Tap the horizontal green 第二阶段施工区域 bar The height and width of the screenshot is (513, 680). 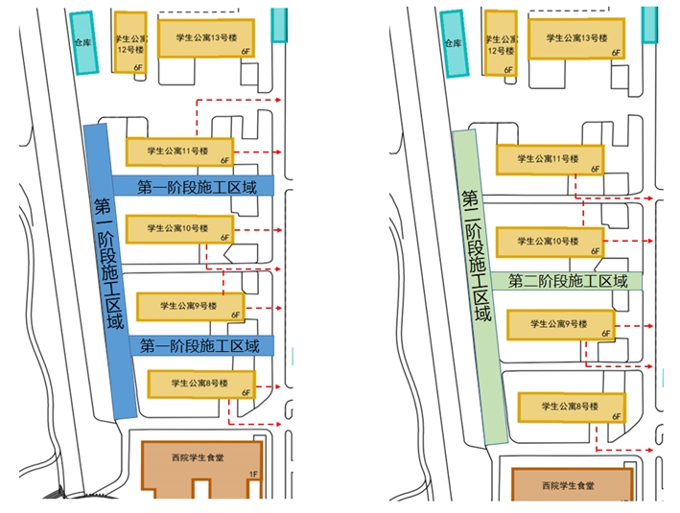point(567,282)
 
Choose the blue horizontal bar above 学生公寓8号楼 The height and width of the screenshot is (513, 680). point(199,346)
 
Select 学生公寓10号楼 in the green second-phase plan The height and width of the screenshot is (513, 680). point(549,242)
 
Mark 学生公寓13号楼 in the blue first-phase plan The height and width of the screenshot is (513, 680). point(206,38)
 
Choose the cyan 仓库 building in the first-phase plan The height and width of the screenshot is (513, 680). point(85,44)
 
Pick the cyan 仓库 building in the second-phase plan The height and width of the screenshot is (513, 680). point(456,43)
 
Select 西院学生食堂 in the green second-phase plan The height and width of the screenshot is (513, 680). point(572,485)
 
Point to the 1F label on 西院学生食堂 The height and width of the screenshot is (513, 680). point(253,474)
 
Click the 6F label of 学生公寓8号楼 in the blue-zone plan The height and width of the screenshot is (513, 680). point(246,392)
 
